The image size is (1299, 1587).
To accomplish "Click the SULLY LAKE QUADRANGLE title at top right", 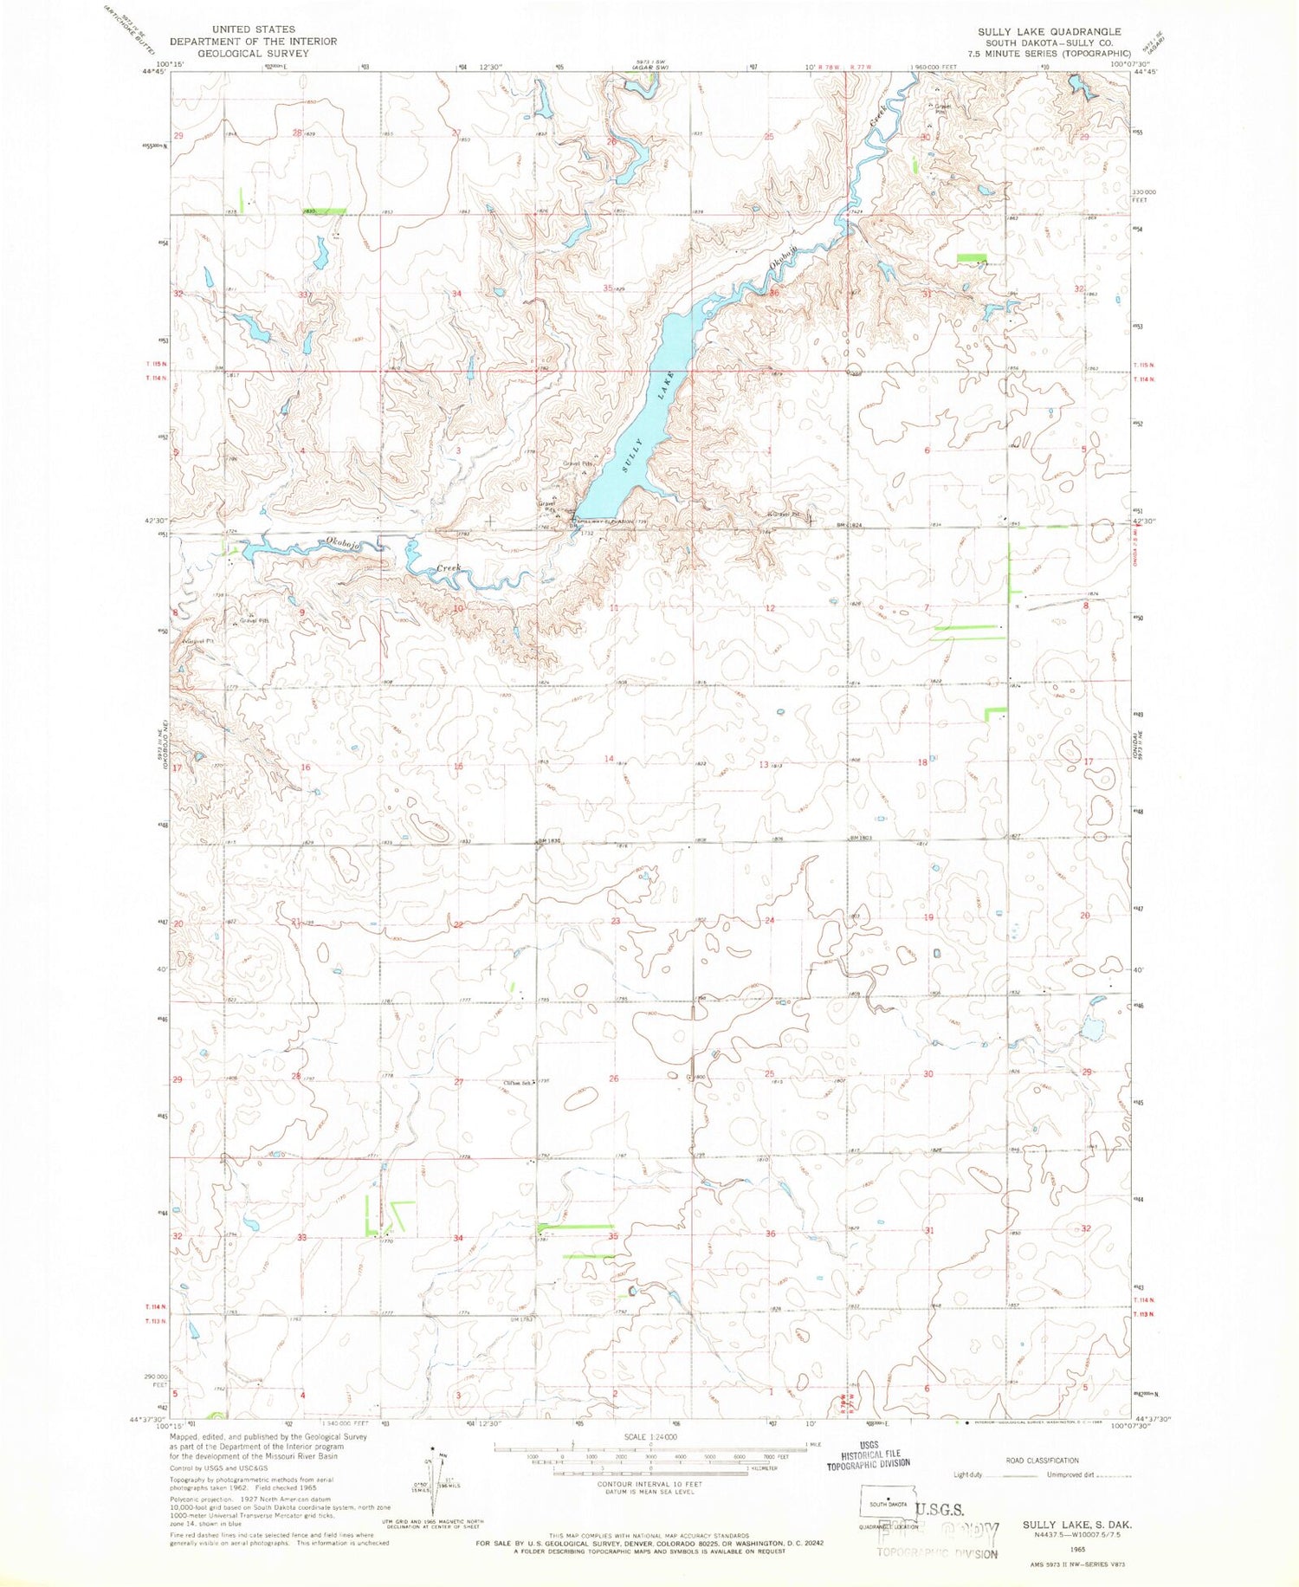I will (1050, 31).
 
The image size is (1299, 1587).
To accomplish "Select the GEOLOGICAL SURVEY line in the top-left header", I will (253, 53).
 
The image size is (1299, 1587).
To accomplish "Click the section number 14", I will (610, 759).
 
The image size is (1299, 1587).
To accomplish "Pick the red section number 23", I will (616, 921).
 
